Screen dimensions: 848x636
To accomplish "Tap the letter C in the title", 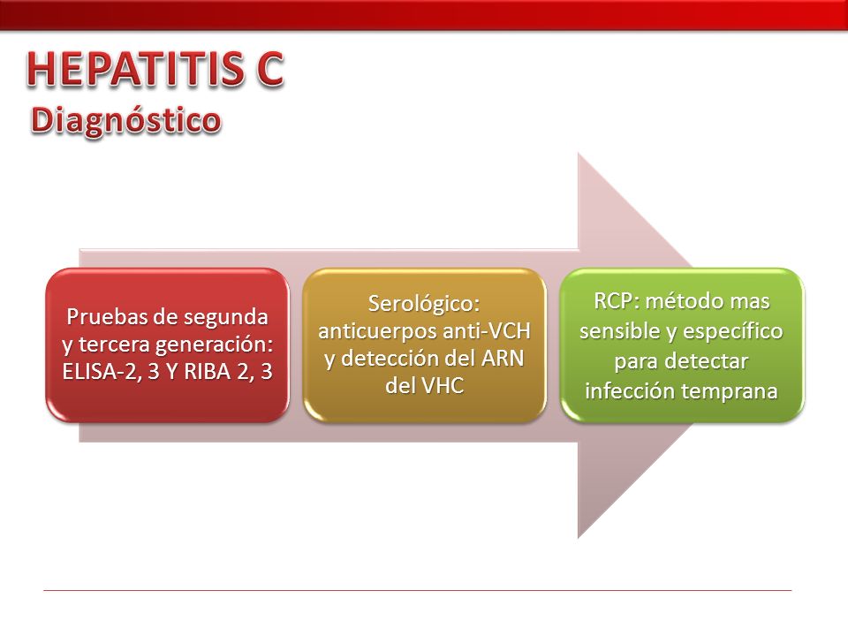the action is coord(270,69).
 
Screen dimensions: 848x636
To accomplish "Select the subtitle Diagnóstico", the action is coord(126,121).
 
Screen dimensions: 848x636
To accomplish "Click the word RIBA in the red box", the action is coord(208,372).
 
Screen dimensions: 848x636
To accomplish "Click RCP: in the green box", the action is coord(617,301).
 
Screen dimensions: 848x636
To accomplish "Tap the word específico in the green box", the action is coord(733,332).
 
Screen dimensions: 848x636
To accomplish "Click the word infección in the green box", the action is coord(631,390).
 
